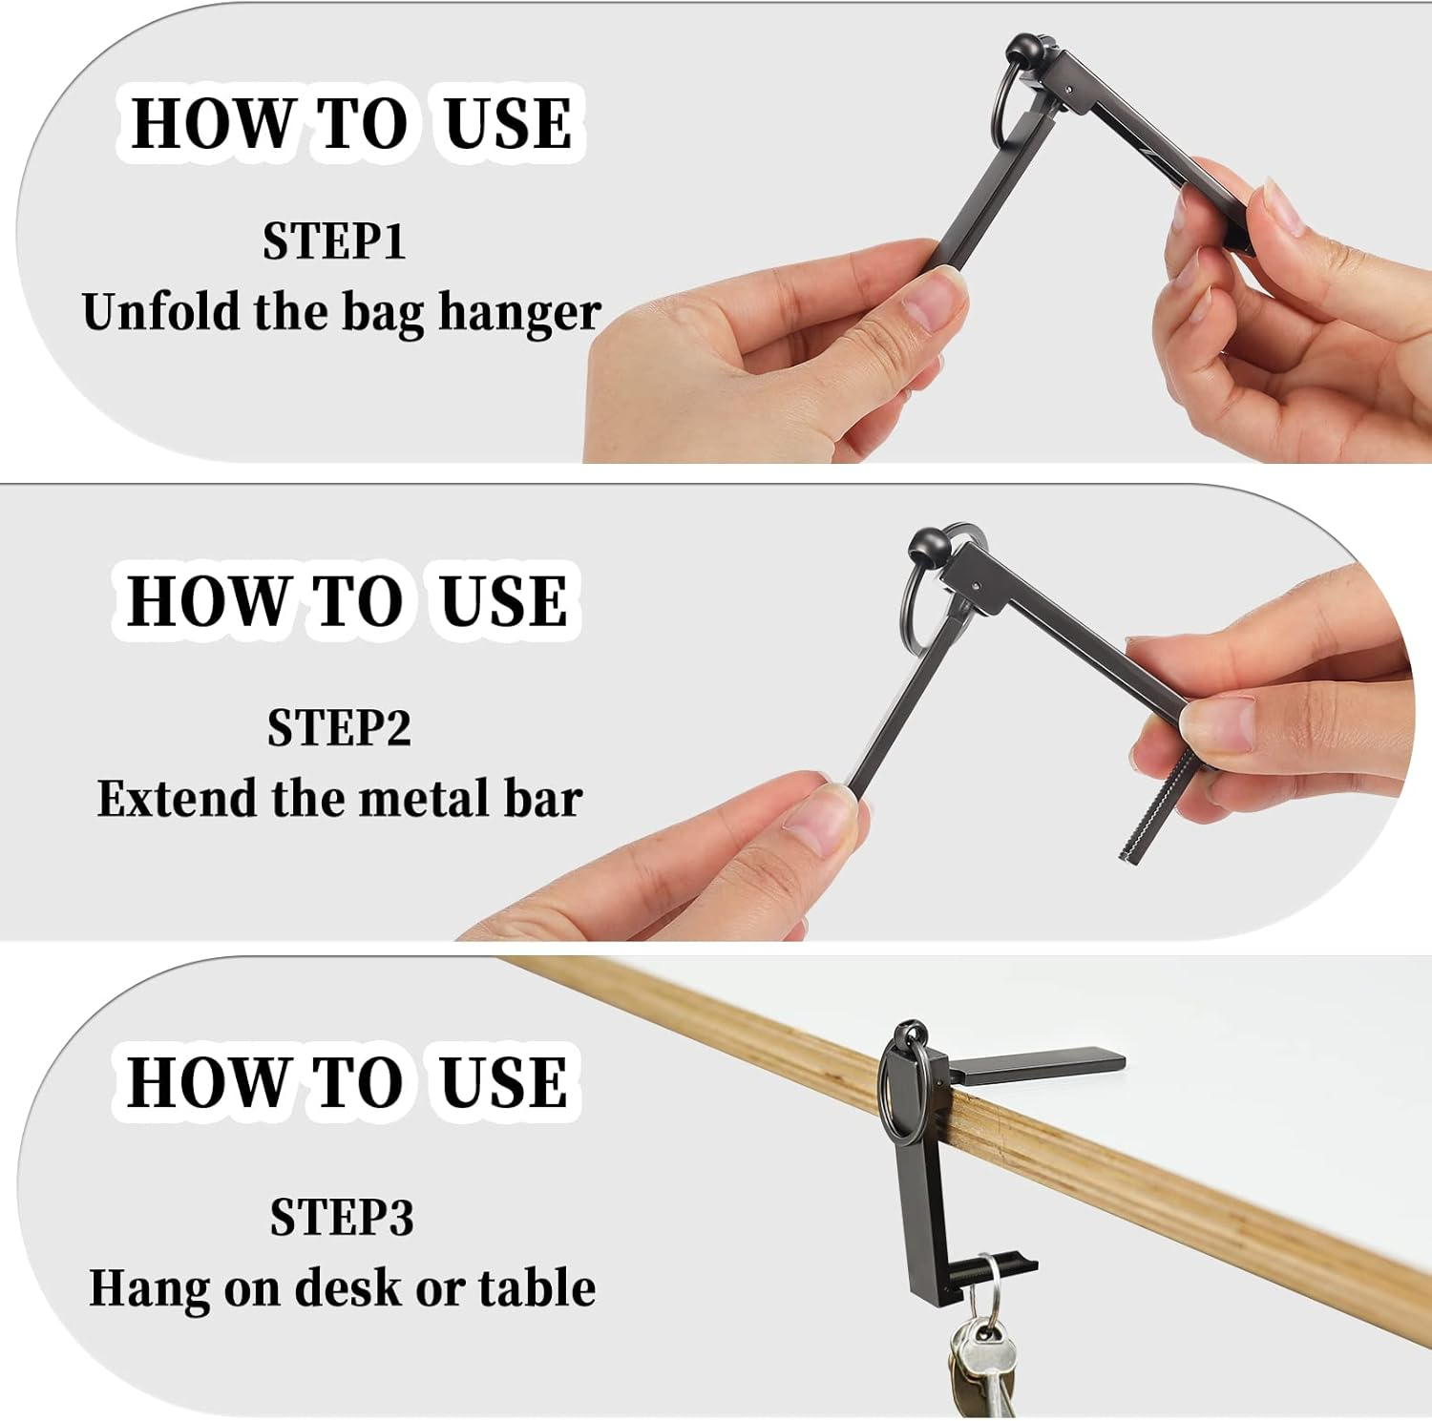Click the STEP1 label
coord(334,240)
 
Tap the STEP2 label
coord(339,727)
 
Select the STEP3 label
coord(342,1217)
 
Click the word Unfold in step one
coord(160,311)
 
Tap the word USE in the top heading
coord(509,123)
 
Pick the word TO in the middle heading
coord(358,601)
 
